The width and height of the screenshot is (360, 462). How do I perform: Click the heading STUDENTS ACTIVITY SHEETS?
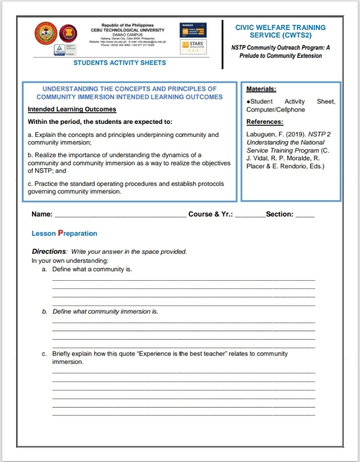tap(119, 63)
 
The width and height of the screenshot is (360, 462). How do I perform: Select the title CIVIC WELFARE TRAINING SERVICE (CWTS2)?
tap(280, 31)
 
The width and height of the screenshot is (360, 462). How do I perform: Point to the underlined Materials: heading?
tap(261, 89)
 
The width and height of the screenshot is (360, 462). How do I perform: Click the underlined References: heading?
tap(265, 121)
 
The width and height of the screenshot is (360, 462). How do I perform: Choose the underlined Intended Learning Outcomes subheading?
tap(72, 109)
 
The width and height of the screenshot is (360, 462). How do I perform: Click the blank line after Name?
tap(120, 215)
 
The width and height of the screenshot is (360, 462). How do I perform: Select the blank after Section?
tap(305, 215)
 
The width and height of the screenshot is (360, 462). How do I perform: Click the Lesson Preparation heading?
tap(64, 233)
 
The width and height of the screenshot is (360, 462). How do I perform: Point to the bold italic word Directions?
tap(49, 251)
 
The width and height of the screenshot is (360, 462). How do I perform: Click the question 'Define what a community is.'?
tap(92, 270)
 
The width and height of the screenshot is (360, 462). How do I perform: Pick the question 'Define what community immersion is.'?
tap(105, 312)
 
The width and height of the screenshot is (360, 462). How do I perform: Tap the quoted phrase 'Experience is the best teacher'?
tap(184, 354)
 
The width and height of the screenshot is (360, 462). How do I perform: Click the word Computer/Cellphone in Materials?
tap(275, 110)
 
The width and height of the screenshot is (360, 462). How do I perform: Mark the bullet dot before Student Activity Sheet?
tap(248, 102)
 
